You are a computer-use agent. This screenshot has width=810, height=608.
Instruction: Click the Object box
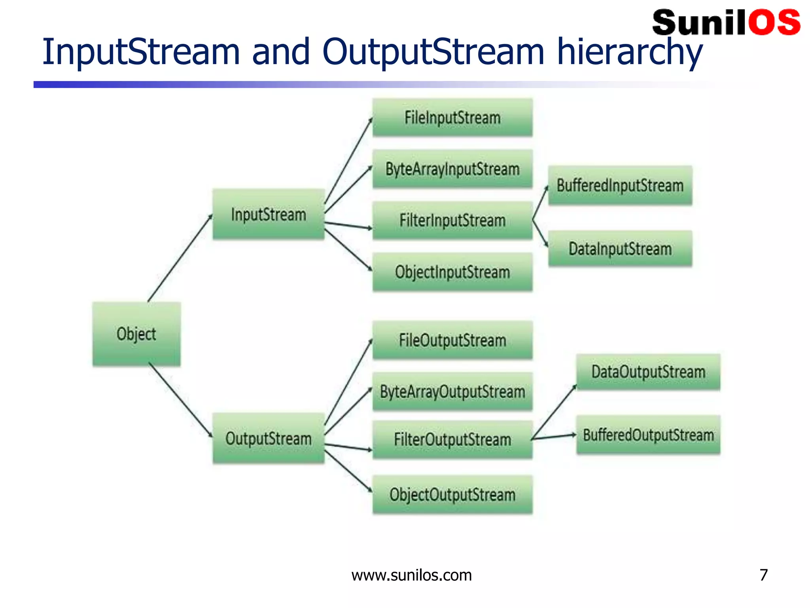[x=136, y=334]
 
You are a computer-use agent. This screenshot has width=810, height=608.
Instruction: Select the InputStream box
[x=269, y=214]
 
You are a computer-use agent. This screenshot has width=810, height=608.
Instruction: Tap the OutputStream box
[x=269, y=438]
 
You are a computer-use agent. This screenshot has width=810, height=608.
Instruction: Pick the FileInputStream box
[x=452, y=118]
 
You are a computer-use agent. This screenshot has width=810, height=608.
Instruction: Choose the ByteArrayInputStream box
[x=452, y=169]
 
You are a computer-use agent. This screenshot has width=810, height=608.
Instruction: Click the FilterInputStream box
[x=452, y=220]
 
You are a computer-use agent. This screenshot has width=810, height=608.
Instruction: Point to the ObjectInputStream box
[x=452, y=272]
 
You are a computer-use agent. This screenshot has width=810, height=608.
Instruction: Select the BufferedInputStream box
[x=620, y=185]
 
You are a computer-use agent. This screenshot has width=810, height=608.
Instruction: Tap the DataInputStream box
[x=620, y=249]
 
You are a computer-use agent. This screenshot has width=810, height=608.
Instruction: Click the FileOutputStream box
[x=452, y=340]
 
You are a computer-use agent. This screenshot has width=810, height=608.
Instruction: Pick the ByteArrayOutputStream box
[x=452, y=391]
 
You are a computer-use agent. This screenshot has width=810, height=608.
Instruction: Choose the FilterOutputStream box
[x=452, y=439]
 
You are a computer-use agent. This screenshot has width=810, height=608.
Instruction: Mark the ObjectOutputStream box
[x=452, y=494]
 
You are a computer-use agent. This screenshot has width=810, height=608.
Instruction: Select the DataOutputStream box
[x=648, y=372]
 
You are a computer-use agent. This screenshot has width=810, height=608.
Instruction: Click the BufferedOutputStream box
[x=648, y=435]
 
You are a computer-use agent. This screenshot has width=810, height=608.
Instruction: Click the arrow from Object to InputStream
[x=180, y=258]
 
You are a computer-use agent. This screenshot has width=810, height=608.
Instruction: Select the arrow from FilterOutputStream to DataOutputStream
[x=555, y=412]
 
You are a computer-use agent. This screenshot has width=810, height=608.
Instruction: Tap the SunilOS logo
[x=726, y=23]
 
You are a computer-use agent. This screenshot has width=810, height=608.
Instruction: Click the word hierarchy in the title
[x=629, y=52]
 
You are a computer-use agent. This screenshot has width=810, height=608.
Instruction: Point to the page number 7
[x=763, y=575]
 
